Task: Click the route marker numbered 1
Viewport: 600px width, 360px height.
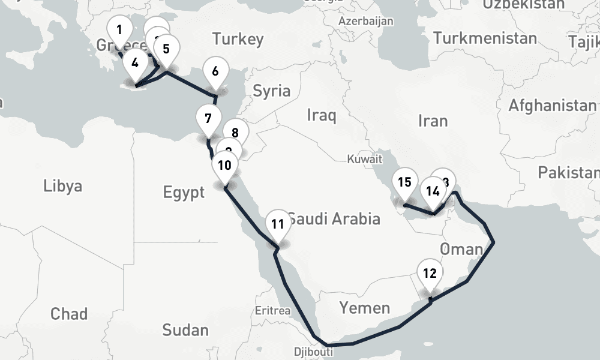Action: [x=119, y=30]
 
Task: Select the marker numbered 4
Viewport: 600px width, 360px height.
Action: [x=134, y=62]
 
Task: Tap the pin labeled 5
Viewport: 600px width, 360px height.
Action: [x=166, y=49]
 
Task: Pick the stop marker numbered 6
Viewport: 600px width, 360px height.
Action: [x=215, y=71]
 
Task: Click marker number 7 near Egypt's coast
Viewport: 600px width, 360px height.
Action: [x=208, y=118]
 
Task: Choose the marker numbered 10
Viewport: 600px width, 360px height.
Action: [x=224, y=164]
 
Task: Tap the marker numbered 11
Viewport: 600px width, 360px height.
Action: [x=277, y=224]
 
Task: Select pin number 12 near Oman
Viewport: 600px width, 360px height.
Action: [x=430, y=274]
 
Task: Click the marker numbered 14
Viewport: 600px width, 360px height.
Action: [x=433, y=191]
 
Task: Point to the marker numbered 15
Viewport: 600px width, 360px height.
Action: [x=404, y=182]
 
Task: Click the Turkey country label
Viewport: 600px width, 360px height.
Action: [x=238, y=40]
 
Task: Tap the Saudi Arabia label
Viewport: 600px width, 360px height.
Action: [x=334, y=218]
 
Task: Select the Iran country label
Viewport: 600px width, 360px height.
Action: [x=433, y=121]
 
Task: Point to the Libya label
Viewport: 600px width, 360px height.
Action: [x=62, y=186]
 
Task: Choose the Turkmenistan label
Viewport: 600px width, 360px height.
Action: [x=485, y=38]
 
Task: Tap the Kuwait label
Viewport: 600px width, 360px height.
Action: [x=364, y=160]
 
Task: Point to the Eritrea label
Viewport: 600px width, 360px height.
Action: [x=272, y=311]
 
